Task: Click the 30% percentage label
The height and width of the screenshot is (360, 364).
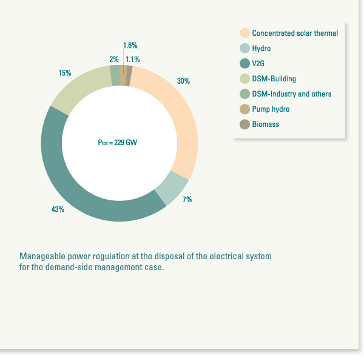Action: [183, 81]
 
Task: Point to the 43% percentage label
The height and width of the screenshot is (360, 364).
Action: [58, 209]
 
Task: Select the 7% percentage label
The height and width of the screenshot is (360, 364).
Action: [187, 199]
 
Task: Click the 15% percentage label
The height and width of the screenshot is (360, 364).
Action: [65, 73]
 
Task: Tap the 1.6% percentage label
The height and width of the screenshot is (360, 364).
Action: [130, 46]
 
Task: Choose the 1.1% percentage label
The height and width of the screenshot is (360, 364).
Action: [132, 59]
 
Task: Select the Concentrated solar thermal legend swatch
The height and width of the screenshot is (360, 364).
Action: [244, 33]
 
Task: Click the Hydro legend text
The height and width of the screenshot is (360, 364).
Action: [261, 48]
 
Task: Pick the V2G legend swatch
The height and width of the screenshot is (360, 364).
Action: [244, 63]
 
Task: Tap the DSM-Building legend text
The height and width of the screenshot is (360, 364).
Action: [274, 78]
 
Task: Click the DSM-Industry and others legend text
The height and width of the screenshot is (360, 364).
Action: [292, 93]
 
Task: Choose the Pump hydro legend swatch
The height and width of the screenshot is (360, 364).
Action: [244, 109]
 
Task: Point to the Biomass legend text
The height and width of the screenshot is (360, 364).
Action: [266, 124]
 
